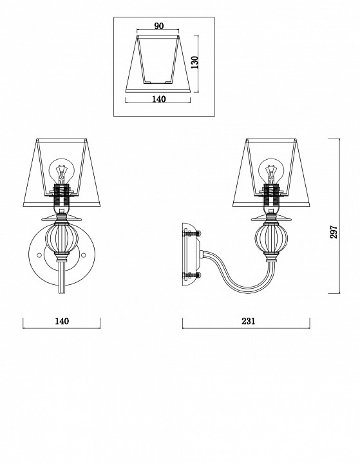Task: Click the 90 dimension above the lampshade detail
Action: point(158,26)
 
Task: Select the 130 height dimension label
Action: point(194,63)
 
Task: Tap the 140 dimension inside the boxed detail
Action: point(159,99)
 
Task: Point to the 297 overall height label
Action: point(334,232)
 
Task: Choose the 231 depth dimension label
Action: point(248,321)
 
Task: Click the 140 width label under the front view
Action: point(62,321)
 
